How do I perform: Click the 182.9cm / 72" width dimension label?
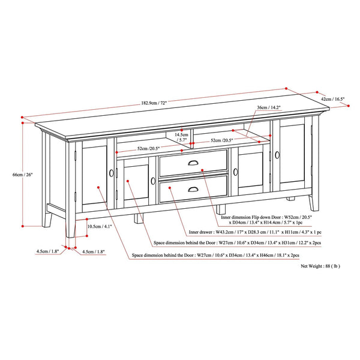click(x=154, y=103)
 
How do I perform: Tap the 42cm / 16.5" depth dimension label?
click(x=332, y=99)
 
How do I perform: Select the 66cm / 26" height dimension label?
click(x=23, y=175)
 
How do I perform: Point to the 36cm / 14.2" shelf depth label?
click(x=269, y=107)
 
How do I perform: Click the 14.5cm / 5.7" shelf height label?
click(x=181, y=137)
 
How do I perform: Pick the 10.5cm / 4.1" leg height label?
click(x=100, y=226)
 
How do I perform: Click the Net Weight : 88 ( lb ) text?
click(x=320, y=266)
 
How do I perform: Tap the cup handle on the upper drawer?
click(x=193, y=163)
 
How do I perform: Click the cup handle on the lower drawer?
click(x=193, y=189)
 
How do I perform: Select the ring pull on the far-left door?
click(x=112, y=173)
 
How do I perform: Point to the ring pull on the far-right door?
click(x=277, y=155)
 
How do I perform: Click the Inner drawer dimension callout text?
click(x=255, y=232)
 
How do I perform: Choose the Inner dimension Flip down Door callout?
click(x=266, y=220)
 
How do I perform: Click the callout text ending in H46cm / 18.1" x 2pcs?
click(x=215, y=256)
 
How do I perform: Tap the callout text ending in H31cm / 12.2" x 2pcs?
click(x=238, y=242)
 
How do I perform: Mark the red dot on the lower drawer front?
click(x=170, y=188)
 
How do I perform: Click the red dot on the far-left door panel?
click(x=98, y=187)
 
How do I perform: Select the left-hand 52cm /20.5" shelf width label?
click(x=148, y=148)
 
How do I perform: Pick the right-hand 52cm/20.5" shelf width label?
click(x=222, y=140)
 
